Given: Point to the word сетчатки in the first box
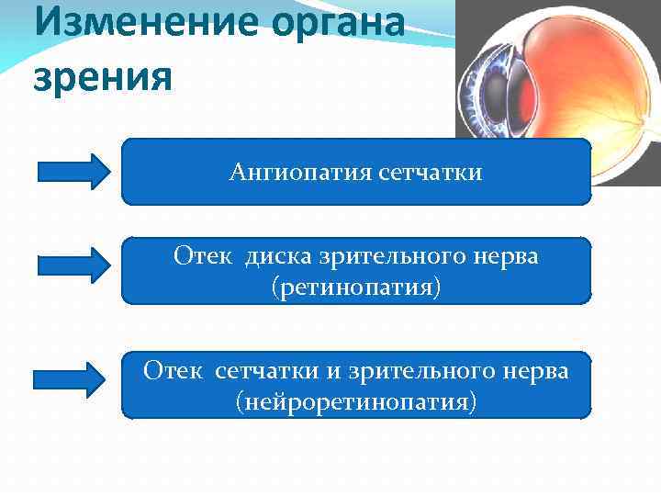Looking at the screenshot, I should click(429, 172).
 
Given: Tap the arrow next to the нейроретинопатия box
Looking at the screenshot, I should click(70, 378).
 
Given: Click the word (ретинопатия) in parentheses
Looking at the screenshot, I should click(356, 287).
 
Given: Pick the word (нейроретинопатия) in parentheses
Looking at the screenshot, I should click(356, 401).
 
